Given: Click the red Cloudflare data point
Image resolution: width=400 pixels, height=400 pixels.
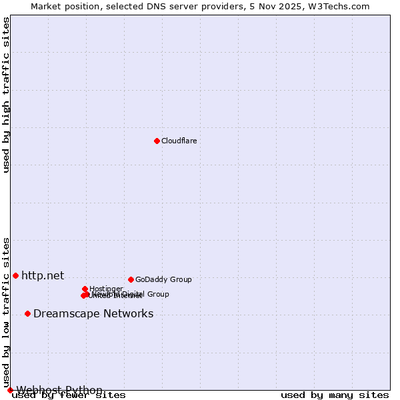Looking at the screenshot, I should pyautogui.click(x=157, y=141).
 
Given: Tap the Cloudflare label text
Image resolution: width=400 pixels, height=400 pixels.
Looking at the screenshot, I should pyautogui.click(x=179, y=141).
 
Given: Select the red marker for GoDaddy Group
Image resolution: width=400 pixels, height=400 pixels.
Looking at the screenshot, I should pyautogui.click(x=131, y=279).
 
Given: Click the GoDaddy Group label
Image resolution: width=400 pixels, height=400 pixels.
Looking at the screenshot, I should pyautogui.click(x=163, y=280).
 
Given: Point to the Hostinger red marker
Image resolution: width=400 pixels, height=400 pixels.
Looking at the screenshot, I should pyautogui.click(x=85, y=289).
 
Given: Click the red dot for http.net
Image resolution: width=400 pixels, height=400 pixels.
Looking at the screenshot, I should pyautogui.click(x=15, y=275).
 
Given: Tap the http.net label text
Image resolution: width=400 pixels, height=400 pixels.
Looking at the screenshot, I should pyautogui.click(x=43, y=275).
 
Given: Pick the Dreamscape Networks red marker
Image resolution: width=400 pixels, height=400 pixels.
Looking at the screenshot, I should pyautogui.click(x=27, y=313).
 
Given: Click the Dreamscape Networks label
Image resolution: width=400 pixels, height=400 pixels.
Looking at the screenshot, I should pyautogui.click(x=93, y=314).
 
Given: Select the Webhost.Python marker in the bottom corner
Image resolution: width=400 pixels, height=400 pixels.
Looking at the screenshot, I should pyautogui.click(x=10, y=390).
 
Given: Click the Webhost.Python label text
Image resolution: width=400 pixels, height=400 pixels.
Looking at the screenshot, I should pyautogui.click(x=59, y=390).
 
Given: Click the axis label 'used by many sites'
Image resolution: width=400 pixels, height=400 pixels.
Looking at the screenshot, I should pyautogui.click(x=335, y=395).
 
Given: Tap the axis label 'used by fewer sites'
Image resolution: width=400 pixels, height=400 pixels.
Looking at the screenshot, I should pyautogui.click(x=69, y=395).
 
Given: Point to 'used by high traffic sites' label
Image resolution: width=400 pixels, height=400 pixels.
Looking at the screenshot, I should pyautogui.click(x=7, y=95).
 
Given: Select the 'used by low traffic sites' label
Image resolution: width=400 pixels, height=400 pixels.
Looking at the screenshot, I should pyautogui.click(x=7, y=312).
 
